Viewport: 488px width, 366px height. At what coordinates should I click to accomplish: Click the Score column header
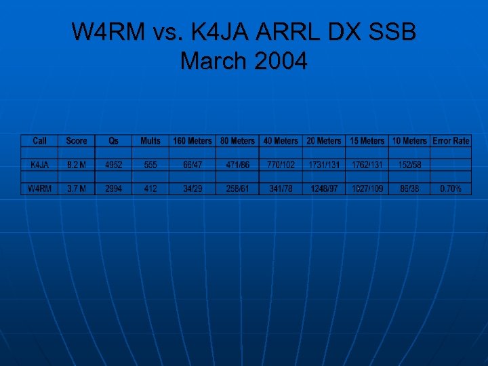[x=77, y=141]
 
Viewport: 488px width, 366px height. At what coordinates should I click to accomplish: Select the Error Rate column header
[x=451, y=141]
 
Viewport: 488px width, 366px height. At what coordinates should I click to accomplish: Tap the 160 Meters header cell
[x=192, y=141]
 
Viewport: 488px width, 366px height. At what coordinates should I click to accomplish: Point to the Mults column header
[x=150, y=141]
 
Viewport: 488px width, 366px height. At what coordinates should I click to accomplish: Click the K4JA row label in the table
[x=39, y=165]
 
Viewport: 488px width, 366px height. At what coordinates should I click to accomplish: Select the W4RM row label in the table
[x=39, y=188]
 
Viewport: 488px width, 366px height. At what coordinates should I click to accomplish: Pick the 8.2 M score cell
[x=77, y=165]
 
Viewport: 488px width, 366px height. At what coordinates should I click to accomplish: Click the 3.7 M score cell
[x=77, y=188]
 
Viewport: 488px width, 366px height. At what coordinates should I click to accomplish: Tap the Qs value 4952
[x=114, y=165]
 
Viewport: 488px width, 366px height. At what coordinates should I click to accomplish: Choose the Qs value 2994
[x=114, y=188]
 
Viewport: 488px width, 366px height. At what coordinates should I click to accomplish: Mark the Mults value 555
[x=150, y=165]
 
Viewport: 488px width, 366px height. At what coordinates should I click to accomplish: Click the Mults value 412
[x=150, y=188]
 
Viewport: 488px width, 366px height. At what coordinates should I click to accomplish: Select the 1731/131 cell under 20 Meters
[x=324, y=165]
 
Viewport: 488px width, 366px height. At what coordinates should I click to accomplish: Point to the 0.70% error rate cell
[x=451, y=188]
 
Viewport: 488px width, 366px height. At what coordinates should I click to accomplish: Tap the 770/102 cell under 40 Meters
[x=281, y=165]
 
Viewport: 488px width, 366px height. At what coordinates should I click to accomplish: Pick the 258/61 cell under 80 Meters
[x=237, y=188]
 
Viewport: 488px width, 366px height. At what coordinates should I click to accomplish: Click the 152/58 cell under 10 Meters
[x=410, y=165]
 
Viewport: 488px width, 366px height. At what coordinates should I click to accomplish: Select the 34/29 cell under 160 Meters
[x=192, y=188]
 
